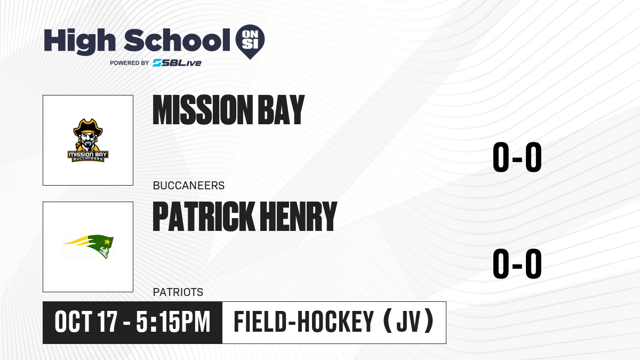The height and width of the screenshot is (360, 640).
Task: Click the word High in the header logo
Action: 79,42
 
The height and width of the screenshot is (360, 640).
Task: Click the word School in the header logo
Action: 177,40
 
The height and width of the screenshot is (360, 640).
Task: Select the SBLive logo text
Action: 177,63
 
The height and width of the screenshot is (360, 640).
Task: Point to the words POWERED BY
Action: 130,63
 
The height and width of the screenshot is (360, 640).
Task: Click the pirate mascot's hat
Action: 88,127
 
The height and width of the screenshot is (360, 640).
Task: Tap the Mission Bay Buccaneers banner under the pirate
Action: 88,156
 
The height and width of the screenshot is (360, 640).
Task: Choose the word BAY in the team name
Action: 282,110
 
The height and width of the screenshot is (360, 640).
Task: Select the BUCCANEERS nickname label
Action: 189,186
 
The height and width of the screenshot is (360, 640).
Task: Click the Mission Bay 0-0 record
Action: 517,157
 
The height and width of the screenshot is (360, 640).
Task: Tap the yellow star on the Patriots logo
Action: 107,242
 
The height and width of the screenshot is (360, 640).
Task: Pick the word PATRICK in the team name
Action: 204,217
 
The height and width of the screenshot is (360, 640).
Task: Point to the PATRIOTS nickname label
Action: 178,292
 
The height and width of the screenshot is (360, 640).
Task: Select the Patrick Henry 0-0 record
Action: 517,263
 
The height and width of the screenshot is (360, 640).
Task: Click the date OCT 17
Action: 86,322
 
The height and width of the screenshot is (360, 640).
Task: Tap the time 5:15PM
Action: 173,322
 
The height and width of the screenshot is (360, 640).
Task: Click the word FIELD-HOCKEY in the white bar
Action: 304,322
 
